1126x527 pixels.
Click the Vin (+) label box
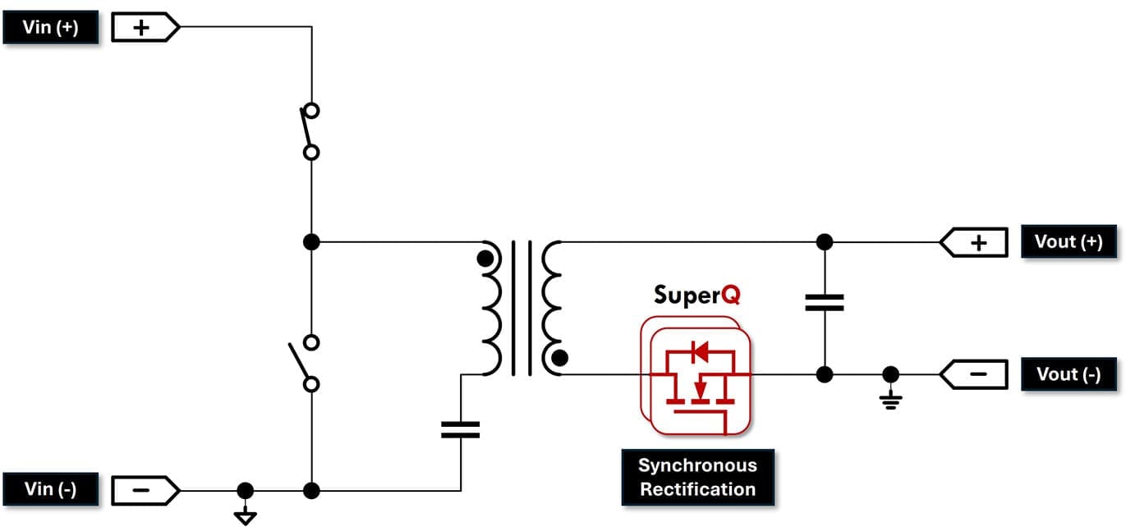coord(51,28)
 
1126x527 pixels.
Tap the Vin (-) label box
coord(51,490)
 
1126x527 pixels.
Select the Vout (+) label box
coord(1068,242)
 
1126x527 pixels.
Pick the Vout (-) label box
coord(1068,374)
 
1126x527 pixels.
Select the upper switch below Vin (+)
coord(310,131)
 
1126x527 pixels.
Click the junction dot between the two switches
coord(311,242)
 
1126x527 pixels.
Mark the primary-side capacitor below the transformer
coord(460,429)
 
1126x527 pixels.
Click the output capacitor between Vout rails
coord(825,302)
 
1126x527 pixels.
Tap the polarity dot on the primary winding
coord(485,259)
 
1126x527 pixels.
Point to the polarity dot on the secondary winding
coord(559,357)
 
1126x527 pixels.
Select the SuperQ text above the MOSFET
coord(696,294)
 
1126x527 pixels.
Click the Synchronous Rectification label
coord(697,477)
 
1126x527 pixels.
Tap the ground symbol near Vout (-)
coord(890,397)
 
